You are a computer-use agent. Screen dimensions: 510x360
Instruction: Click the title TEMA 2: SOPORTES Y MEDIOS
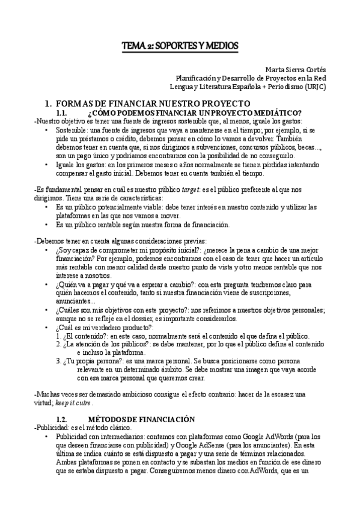coord(180,46)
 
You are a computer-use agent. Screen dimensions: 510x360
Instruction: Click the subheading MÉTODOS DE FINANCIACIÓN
coord(142,401)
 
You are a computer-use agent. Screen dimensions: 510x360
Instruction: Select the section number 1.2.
coord(64,401)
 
